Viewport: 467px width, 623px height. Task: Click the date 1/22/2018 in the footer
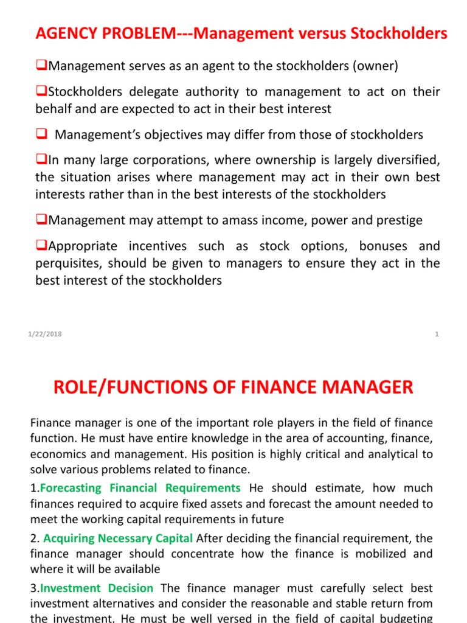click(x=44, y=333)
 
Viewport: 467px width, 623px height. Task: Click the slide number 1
click(x=437, y=333)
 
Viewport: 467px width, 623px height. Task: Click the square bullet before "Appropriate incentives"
click(x=41, y=246)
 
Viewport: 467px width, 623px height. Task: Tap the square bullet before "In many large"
click(x=41, y=161)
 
